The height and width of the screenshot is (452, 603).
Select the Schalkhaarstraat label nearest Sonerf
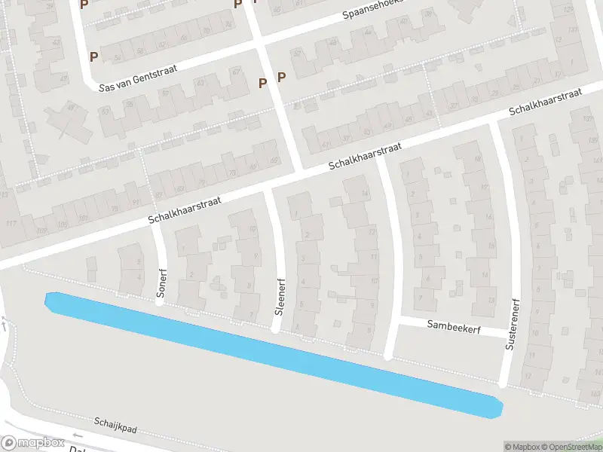click(x=185, y=209)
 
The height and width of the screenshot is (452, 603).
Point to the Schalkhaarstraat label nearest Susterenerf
click(x=546, y=102)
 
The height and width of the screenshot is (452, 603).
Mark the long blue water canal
click(x=273, y=353)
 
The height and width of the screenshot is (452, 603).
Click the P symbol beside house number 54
click(x=93, y=56)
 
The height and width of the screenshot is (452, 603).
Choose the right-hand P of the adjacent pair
click(x=281, y=77)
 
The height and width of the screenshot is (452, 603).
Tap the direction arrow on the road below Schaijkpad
click(x=78, y=435)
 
